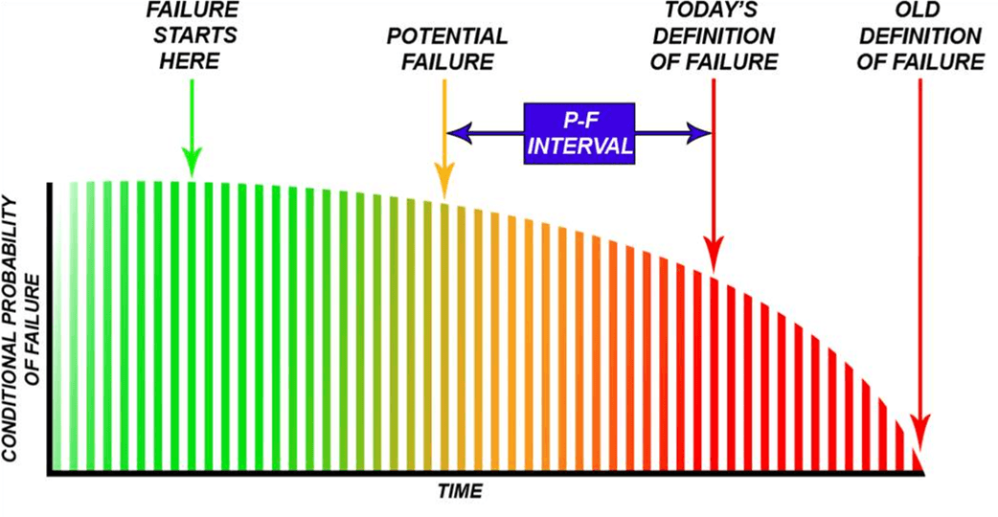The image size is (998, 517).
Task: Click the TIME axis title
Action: pyautogui.click(x=460, y=492)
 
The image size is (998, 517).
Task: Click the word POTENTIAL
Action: pyautogui.click(x=446, y=38)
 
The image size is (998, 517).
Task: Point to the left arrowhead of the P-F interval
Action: pyautogui.click(x=459, y=135)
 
